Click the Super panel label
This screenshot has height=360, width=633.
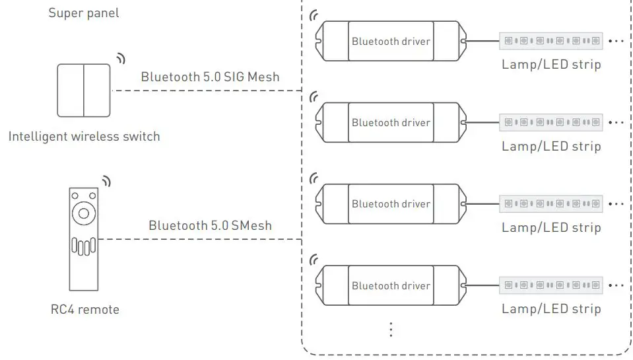point(84,13)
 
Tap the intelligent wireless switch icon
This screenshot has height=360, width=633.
point(84,90)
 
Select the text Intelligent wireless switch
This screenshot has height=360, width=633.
point(84,137)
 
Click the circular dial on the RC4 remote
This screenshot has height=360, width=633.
point(84,213)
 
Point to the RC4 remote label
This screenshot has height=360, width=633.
point(84,309)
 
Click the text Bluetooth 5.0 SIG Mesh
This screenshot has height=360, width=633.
point(210,77)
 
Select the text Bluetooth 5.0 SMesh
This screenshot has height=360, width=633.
point(210,225)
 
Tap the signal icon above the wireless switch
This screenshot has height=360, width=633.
point(120,58)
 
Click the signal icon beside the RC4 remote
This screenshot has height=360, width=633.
point(106,181)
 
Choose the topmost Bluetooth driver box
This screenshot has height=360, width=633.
point(391,41)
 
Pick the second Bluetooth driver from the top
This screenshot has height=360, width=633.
point(391,122)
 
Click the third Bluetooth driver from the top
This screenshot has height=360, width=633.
point(391,204)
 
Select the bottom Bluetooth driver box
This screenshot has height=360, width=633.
point(391,285)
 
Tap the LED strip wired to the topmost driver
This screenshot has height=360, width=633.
point(551,40)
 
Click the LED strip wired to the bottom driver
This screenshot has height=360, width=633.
point(551,285)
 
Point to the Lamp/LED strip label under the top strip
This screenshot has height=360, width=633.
point(551,64)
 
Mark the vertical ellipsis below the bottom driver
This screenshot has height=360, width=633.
point(391,328)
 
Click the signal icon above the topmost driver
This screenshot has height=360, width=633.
point(314,15)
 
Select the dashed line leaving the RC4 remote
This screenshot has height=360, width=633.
point(198,239)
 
